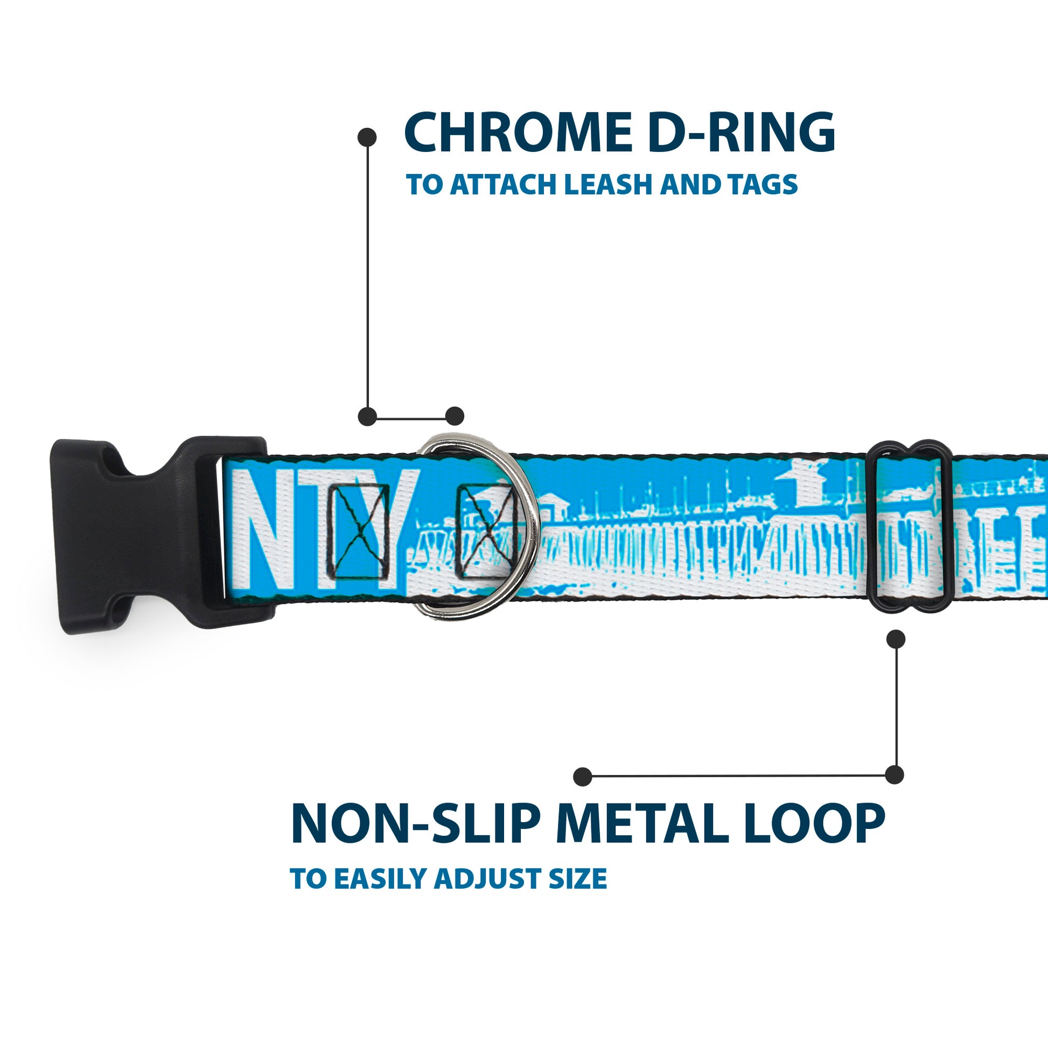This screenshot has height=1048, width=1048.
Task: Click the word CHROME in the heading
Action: click(x=518, y=132)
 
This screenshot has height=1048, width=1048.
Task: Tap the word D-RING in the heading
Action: click(x=741, y=132)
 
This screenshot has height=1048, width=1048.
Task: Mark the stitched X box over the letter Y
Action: click(x=358, y=531)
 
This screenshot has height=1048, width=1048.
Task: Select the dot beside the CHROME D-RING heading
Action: click(x=367, y=137)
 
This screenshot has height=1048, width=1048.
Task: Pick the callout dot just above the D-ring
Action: click(x=455, y=416)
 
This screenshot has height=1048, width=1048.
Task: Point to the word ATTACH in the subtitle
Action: click(x=503, y=184)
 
